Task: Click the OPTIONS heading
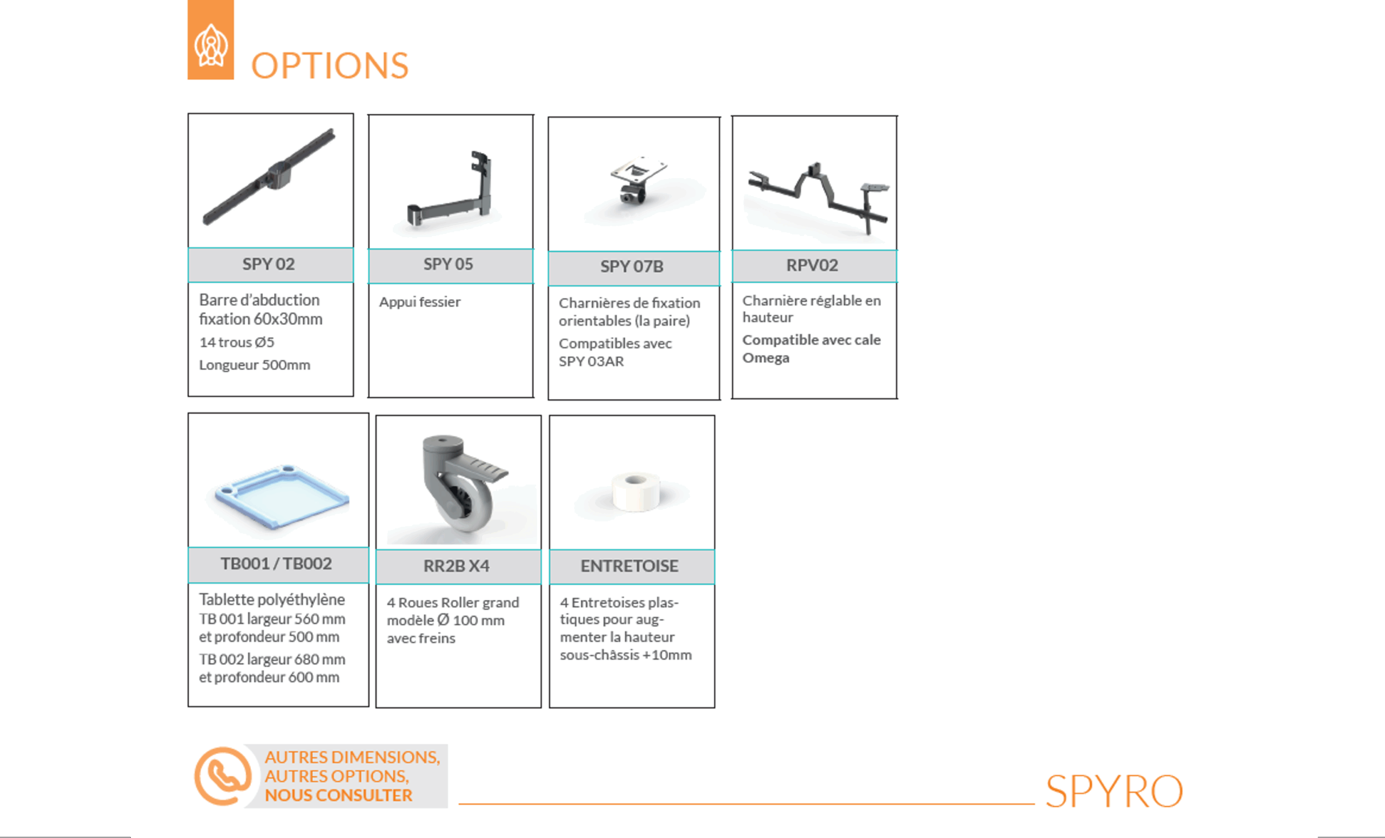click(329, 66)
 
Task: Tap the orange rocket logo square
click(211, 40)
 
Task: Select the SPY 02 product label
click(269, 264)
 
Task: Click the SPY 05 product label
click(448, 264)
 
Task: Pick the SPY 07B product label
click(632, 266)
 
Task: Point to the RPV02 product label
click(812, 265)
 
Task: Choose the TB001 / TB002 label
click(276, 564)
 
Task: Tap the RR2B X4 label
click(457, 566)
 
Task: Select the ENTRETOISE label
click(630, 566)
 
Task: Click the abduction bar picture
click(269, 177)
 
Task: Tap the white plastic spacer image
click(636, 492)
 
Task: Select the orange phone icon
click(223, 776)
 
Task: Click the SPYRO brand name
click(1114, 791)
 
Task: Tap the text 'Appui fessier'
click(420, 302)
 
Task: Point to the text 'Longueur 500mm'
click(255, 365)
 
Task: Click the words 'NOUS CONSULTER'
click(338, 796)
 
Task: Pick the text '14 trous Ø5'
click(236, 342)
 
